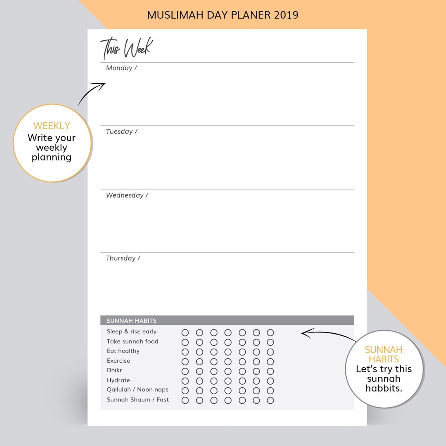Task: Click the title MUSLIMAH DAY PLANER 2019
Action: click(223, 15)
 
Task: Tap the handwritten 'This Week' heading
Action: click(126, 48)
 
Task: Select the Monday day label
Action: click(121, 68)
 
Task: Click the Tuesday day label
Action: click(121, 132)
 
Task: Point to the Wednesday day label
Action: click(127, 195)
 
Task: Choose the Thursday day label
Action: click(123, 258)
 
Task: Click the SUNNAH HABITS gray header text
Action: click(131, 321)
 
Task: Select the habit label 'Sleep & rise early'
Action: click(131, 332)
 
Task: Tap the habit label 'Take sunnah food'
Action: click(133, 342)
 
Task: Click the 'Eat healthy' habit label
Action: click(123, 351)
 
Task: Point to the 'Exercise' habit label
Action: click(119, 361)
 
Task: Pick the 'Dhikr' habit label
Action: click(115, 370)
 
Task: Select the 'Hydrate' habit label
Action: click(119, 380)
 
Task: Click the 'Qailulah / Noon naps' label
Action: click(138, 390)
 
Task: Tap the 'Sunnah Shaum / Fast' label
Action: click(138, 400)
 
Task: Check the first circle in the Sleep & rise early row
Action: click(185, 333)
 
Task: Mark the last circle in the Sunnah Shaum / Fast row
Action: click(270, 400)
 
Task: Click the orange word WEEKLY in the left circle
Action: click(52, 126)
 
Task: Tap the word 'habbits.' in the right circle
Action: click(384, 388)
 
